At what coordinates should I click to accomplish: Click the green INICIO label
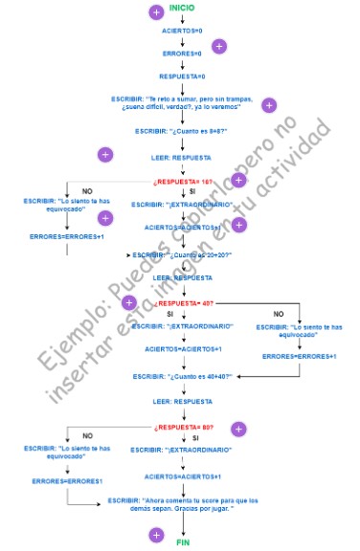pos(181,8)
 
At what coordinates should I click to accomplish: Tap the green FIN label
pos(183,542)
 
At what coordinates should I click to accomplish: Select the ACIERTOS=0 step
pos(182,31)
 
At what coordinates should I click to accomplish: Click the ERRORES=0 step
pos(182,54)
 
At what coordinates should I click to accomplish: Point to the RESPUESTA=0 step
pos(182,77)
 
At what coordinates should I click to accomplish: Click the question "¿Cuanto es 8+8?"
pos(181,131)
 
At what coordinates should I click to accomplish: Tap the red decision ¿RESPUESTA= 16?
pos(182,181)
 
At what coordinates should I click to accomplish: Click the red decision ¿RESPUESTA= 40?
pos(182,303)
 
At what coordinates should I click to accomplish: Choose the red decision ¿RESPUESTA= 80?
pos(182,428)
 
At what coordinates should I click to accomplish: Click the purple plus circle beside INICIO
pos(156,11)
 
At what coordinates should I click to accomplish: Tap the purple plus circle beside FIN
pos(156,535)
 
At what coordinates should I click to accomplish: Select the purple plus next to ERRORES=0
pos(218,46)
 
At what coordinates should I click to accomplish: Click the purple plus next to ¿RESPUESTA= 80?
pos(238,430)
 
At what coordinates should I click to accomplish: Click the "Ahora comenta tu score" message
pos(182,504)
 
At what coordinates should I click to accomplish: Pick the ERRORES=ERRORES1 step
pos(66,480)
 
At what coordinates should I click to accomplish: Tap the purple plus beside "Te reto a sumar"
pos(269,105)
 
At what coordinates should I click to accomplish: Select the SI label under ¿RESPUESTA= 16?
pos(192,191)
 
